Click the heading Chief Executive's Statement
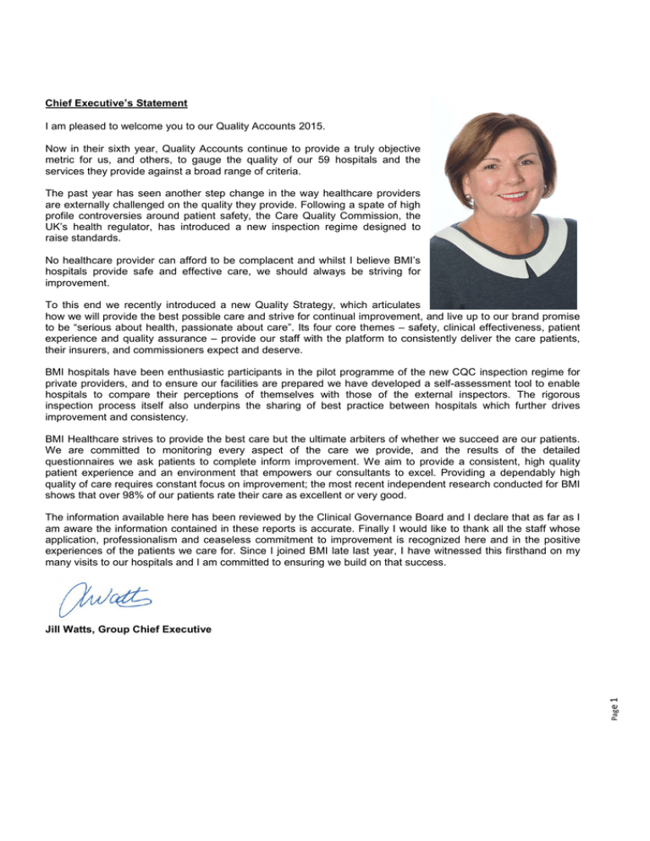pyautogui.click(x=116, y=103)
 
